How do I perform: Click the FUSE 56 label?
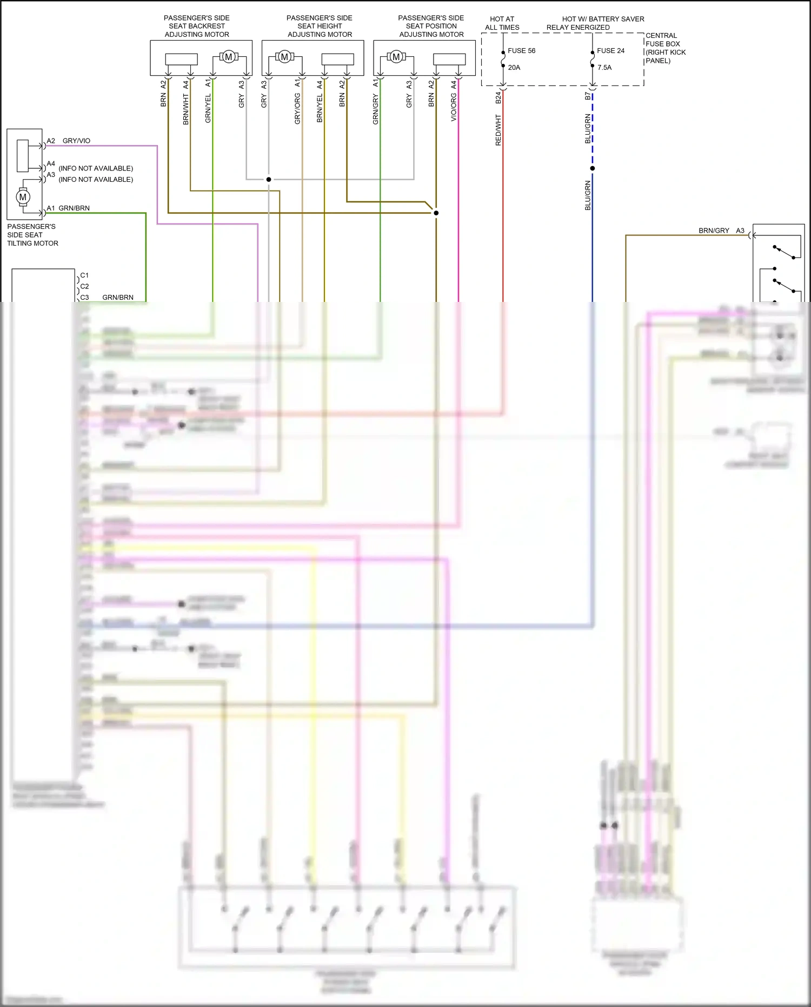pos(521,51)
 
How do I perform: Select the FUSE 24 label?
pos(610,51)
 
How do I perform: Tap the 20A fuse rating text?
pos(514,68)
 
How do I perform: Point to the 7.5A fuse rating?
pos(604,68)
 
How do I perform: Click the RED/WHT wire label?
pos(498,130)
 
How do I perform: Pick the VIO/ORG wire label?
pos(454,107)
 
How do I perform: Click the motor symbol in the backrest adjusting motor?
pos(228,57)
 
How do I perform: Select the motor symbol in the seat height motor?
pos(284,57)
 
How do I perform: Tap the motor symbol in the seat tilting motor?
pos(23,197)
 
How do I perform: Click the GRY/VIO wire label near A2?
pos(76,141)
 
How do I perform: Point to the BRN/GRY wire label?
pos(714,231)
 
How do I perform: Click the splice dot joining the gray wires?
pos(269,180)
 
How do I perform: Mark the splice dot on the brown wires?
pos(436,213)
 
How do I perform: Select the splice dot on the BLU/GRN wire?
pos(593,168)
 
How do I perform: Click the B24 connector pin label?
pos(498,97)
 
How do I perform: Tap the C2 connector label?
pos(84,286)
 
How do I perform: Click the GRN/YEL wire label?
pos(208,108)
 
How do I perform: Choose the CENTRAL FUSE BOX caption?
pos(665,48)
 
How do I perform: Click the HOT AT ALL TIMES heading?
pos(502,23)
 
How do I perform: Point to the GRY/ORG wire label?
pos(297,109)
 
